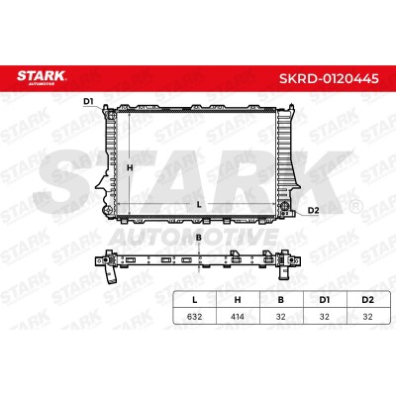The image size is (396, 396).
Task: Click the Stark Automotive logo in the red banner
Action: point(42,77)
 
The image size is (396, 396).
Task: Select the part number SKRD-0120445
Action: point(329,79)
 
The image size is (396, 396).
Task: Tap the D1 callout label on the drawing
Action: point(88,101)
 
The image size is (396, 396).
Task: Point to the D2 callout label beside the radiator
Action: point(313,210)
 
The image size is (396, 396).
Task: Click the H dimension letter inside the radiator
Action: point(130,167)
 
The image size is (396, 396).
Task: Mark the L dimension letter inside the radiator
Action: point(199,205)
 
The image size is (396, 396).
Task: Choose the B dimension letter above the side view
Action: point(199,238)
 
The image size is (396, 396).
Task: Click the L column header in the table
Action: point(195,300)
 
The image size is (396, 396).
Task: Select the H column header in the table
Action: point(238,300)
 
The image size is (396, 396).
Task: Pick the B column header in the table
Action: point(281,300)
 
